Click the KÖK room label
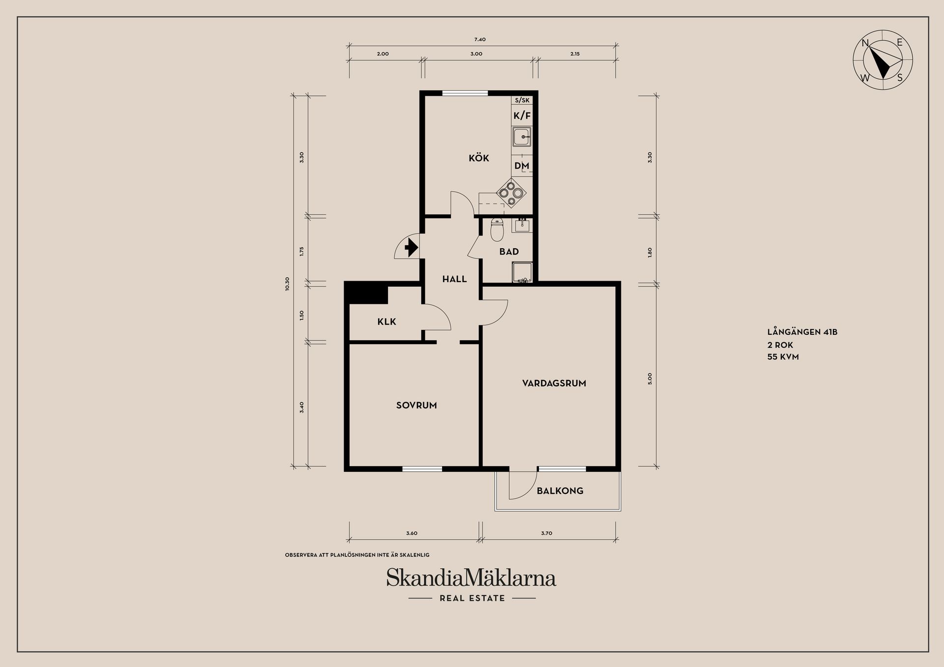pos(478,158)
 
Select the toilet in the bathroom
pos(497,231)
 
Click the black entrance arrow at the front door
pos(411,248)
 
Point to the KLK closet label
pos(386,322)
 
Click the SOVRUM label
pos(416,406)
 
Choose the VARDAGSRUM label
pos(554,383)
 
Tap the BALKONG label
pos(560,491)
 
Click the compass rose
pos(883,60)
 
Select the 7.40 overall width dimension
pos(480,39)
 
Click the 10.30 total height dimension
pos(287,284)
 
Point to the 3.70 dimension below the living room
pos(546,533)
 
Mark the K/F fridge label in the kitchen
pos(522,116)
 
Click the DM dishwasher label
pos(522,166)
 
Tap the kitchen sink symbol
pos(522,137)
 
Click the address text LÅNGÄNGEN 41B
pos(802,332)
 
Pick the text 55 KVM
pos(783,357)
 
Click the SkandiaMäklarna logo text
pos(471,578)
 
